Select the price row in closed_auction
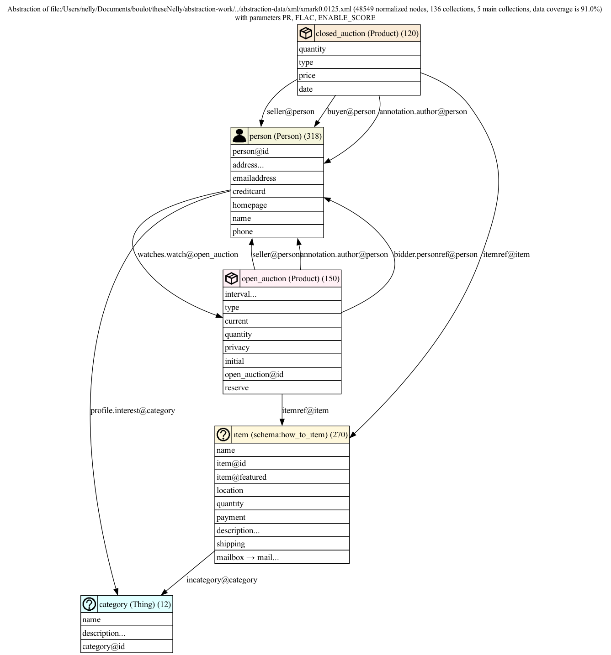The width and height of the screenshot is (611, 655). pyautogui.click(x=359, y=75)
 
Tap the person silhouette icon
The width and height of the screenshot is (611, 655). pyautogui.click(x=239, y=136)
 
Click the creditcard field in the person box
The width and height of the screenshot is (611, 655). pyautogui.click(x=277, y=191)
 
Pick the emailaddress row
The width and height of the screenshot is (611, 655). pyautogui.click(x=277, y=178)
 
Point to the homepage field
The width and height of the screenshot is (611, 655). pyautogui.click(x=277, y=205)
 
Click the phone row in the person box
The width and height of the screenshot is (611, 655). pyautogui.click(x=277, y=231)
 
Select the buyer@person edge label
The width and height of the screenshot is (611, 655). pyautogui.click(x=351, y=111)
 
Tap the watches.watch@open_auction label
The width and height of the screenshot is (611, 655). pyautogui.click(x=187, y=254)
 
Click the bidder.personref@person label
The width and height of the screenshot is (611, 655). pyautogui.click(x=436, y=254)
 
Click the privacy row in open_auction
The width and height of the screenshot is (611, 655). pyautogui.click(x=282, y=347)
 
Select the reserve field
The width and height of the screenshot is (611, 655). pyautogui.click(x=282, y=388)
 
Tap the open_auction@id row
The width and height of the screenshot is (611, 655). pyautogui.click(x=282, y=374)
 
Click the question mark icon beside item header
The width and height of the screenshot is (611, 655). pyautogui.click(x=223, y=435)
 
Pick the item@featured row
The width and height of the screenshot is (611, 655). pyautogui.click(x=282, y=477)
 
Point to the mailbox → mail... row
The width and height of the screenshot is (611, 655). pyautogui.click(x=282, y=557)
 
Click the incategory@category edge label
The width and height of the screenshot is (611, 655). pyautogui.click(x=222, y=580)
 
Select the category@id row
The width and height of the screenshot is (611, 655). pyautogui.click(x=127, y=646)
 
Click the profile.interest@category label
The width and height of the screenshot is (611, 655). pyautogui.click(x=133, y=410)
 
